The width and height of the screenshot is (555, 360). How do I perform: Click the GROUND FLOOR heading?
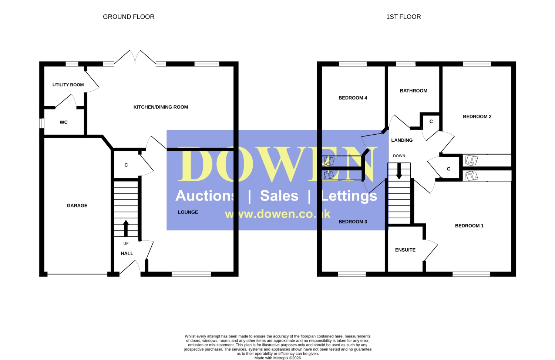[x=129, y=17]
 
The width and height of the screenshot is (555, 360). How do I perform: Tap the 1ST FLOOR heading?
[x=403, y=17]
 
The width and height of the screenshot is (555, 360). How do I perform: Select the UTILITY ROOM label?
[x=68, y=85]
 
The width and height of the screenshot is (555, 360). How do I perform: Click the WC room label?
[x=64, y=122]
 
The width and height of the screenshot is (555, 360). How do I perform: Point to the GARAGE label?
[x=77, y=205]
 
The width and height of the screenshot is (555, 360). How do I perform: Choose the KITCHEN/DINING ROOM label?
[x=161, y=107]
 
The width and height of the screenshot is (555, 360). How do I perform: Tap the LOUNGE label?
[x=188, y=212]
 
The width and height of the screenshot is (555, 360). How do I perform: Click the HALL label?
[x=127, y=253]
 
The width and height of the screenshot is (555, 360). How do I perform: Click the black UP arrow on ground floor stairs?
[x=126, y=228]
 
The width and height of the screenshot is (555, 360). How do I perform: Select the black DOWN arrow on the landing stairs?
[x=399, y=171]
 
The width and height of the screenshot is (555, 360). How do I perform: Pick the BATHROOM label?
[x=414, y=91]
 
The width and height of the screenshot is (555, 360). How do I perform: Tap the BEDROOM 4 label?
[x=353, y=98]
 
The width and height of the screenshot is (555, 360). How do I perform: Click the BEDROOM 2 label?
[x=477, y=117]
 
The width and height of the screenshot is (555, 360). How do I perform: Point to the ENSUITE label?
[x=406, y=250]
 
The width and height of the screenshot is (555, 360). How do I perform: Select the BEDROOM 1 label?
[x=469, y=226]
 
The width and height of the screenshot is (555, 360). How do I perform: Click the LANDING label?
[x=402, y=140]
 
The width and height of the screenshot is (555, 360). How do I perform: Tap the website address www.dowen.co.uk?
[x=277, y=214]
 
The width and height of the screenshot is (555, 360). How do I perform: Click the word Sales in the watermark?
[x=279, y=196]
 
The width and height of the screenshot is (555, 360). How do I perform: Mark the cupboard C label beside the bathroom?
[x=431, y=121]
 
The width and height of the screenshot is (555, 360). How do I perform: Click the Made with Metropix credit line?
[x=277, y=358]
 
